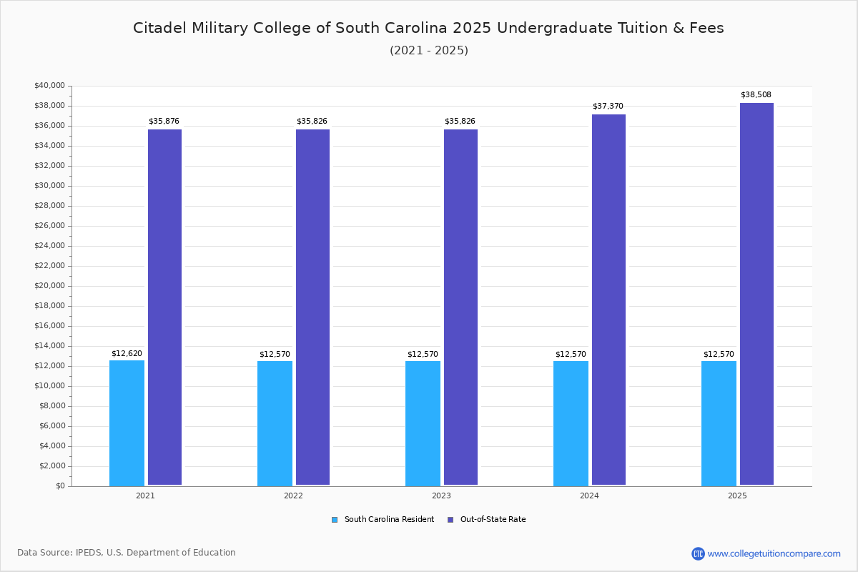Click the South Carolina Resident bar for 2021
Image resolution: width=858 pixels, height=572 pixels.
click(127, 423)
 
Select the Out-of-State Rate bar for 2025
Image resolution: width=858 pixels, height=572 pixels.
click(756, 294)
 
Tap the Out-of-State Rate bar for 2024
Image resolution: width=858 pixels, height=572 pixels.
click(608, 300)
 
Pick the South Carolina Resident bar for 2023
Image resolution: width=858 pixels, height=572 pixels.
click(423, 423)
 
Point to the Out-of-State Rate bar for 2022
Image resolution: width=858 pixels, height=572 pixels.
click(312, 307)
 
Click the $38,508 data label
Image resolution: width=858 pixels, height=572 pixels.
click(756, 95)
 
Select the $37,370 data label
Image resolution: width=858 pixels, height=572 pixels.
click(608, 107)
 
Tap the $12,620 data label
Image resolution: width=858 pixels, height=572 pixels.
click(127, 354)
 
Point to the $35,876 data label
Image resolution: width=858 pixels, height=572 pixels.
click(164, 122)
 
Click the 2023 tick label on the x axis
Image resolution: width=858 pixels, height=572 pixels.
click(441, 495)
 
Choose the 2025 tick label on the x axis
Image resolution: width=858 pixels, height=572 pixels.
click(737, 495)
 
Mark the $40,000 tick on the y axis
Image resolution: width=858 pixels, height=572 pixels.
click(49, 86)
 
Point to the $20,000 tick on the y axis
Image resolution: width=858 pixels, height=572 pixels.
click(49, 286)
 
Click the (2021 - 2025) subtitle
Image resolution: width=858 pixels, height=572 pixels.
click(429, 51)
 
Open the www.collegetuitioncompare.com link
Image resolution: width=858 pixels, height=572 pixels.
click(774, 553)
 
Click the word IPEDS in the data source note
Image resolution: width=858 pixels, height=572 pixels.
click(89, 553)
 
